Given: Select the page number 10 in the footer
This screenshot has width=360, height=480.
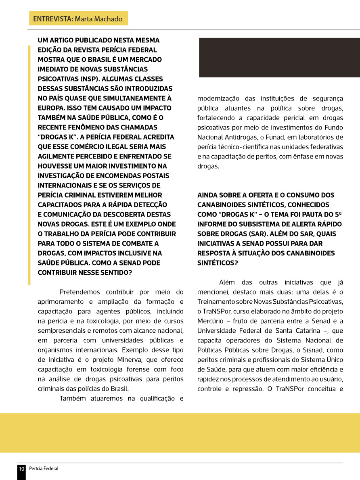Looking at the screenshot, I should pos(21,469).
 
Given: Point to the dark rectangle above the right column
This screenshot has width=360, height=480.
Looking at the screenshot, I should pos(278,57).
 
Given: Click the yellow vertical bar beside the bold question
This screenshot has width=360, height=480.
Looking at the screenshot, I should pos(29,165).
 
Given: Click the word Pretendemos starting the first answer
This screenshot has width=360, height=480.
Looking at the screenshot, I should pos(79,292).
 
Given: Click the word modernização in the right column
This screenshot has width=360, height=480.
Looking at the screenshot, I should pos(218,98).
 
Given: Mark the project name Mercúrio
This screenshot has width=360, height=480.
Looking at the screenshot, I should pos(211,321).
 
